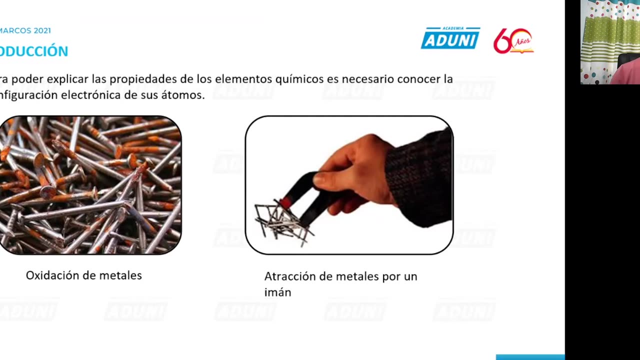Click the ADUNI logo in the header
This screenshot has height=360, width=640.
[450, 38]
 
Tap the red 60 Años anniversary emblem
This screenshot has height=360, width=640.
[513, 41]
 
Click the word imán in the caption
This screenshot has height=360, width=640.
[277, 292]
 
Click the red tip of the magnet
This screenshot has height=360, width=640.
[285, 202]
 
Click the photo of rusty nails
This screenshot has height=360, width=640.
[90, 185]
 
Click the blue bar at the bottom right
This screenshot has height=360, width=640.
[530, 357]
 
